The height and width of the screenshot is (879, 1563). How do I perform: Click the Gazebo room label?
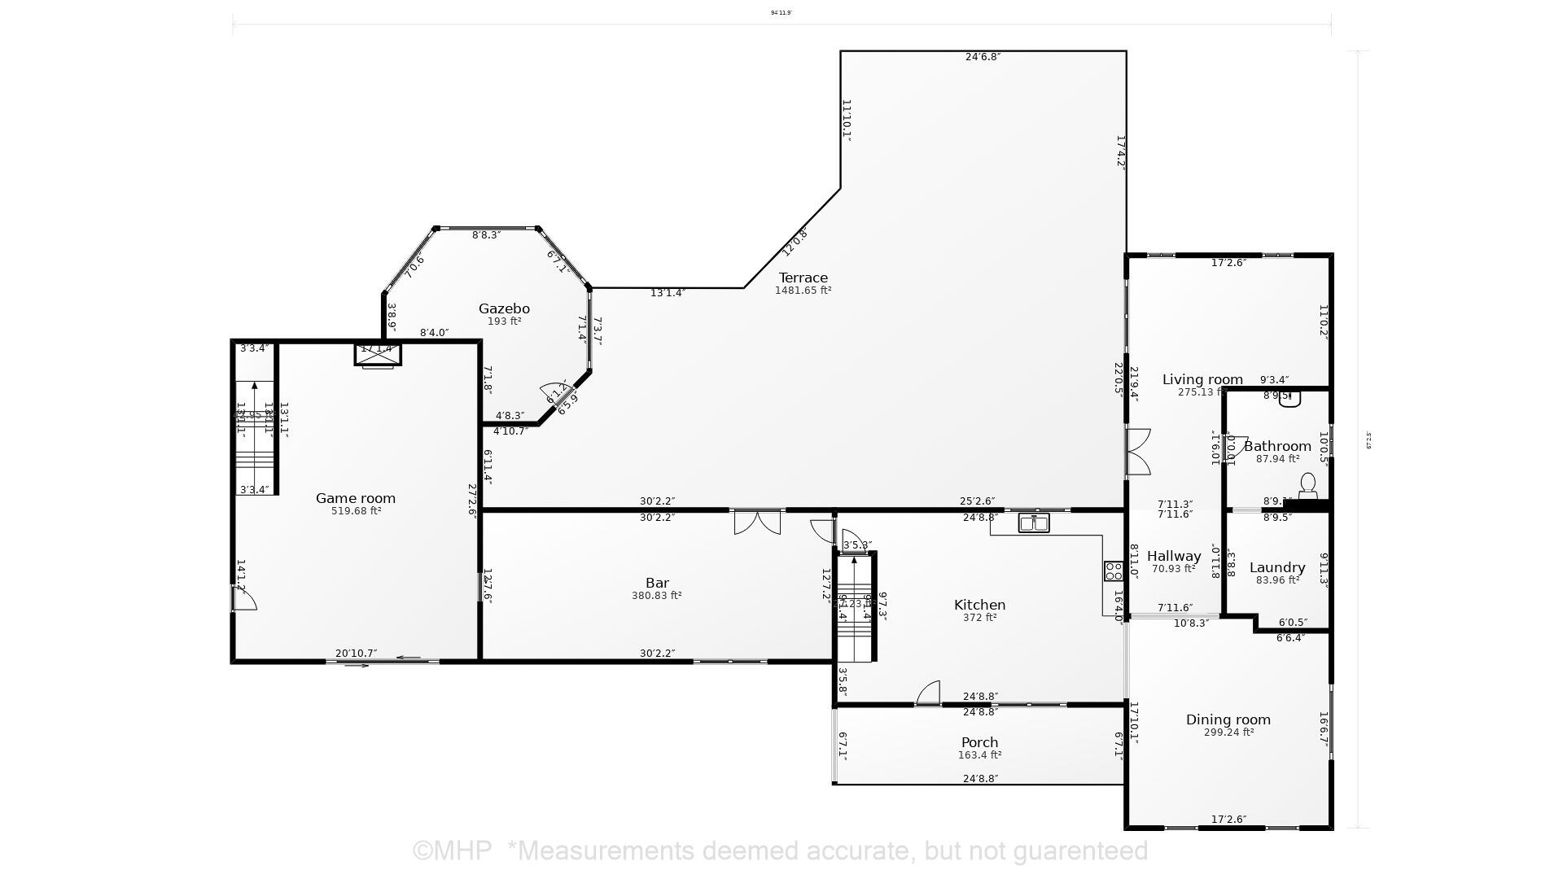[x=504, y=308]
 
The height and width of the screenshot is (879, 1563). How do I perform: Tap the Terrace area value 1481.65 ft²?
[x=803, y=291]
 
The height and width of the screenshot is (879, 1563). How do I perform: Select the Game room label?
[x=356, y=498]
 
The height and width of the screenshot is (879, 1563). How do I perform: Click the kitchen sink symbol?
[x=1034, y=523]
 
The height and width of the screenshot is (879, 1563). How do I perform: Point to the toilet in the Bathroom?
[x=1307, y=487]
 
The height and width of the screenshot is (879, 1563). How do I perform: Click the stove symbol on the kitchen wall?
[x=1113, y=571]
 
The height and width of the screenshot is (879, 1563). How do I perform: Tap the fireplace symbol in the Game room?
[x=378, y=355]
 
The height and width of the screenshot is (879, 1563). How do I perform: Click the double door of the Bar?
[x=757, y=522]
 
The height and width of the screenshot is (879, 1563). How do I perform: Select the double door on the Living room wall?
[x=1137, y=452]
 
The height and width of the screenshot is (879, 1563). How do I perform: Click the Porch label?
[x=979, y=742]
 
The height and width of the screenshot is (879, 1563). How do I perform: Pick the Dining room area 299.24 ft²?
[x=1228, y=732]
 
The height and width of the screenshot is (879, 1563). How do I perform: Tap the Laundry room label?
[x=1277, y=567]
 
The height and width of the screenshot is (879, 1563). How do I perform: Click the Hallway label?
[x=1174, y=556]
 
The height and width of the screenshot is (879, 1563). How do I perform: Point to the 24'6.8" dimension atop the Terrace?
[x=983, y=57]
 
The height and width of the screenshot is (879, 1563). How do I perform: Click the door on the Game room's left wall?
[x=243, y=599]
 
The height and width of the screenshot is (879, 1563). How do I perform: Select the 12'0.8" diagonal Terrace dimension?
[x=795, y=243]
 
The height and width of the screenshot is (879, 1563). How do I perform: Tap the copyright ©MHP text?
[x=452, y=851]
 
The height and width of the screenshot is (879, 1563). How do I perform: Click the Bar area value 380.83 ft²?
[x=656, y=596]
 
